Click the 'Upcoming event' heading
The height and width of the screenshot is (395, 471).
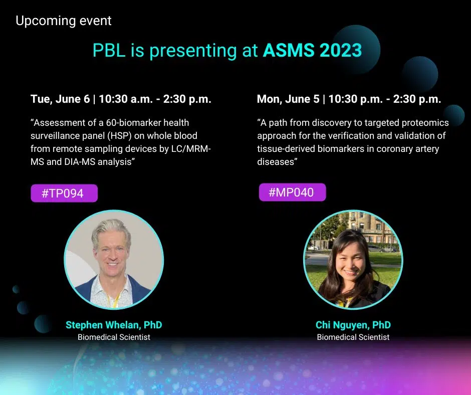(x=63, y=21)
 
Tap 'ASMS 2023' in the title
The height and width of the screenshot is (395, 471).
(x=312, y=50)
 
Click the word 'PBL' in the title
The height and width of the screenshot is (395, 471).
(x=109, y=50)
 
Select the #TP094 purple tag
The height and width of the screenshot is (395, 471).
(x=64, y=193)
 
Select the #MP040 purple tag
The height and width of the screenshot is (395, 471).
(x=292, y=192)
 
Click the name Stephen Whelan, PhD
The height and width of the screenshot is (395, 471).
(x=114, y=325)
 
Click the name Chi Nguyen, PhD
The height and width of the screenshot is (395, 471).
(x=353, y=325)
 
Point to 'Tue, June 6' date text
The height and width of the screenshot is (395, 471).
(x=60, y=99)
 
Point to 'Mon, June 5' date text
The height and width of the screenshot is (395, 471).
(x=288, y=99)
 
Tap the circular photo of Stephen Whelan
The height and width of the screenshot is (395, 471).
(x=114, y=260)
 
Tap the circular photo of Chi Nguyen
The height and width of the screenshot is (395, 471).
(x=353, y=260)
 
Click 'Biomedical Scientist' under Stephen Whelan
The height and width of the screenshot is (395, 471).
(x=114, y=337)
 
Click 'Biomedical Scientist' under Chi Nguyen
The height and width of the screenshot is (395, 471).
(x=353, y=337)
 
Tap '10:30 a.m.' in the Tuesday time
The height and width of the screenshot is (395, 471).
(x=126, y=99)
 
